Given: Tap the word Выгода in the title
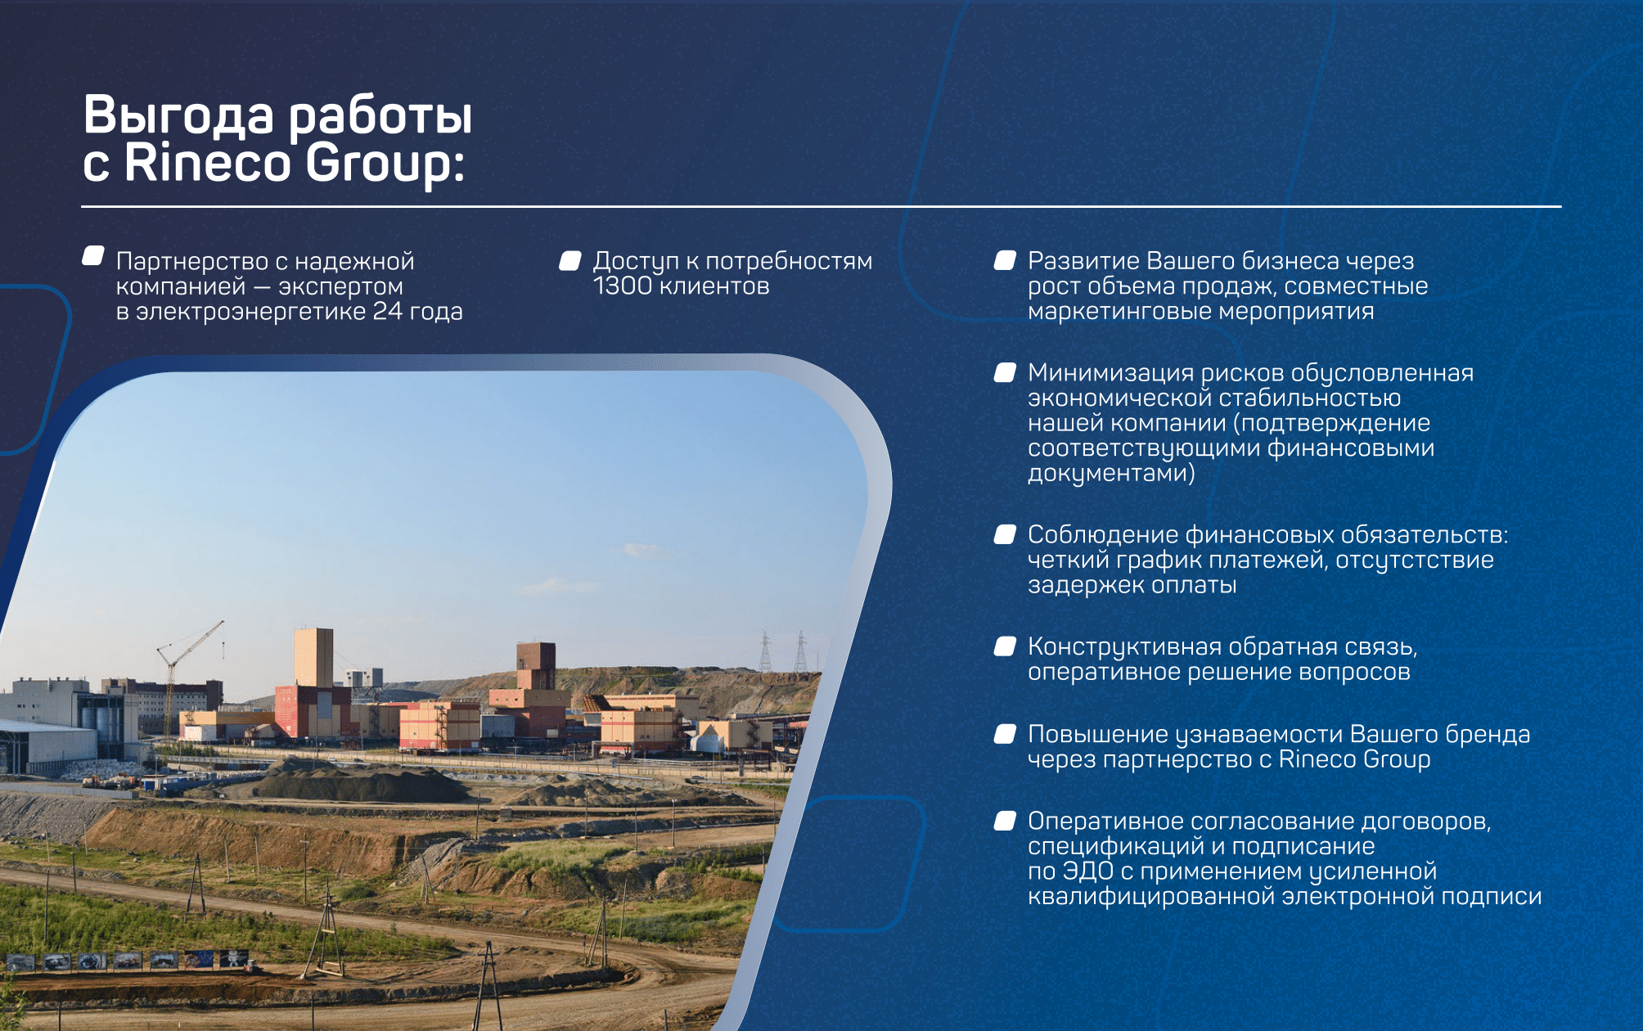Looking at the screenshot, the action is [178, 115].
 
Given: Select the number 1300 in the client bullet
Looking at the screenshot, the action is [623, 286].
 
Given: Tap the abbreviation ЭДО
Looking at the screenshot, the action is [1087, 871].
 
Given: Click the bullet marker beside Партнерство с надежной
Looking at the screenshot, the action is [93, 256].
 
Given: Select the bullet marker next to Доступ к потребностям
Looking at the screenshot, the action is [570, 260].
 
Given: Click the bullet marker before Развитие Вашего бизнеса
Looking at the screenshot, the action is [1005, 260].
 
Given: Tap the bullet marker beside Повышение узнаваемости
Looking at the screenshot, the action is [1005, 734].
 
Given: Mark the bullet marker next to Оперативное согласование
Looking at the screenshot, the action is [1005, 821].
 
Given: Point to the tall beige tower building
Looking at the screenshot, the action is [313, 657].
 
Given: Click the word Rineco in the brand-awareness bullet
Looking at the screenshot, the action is [1317, 759].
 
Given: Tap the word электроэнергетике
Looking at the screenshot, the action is [250, 311].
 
